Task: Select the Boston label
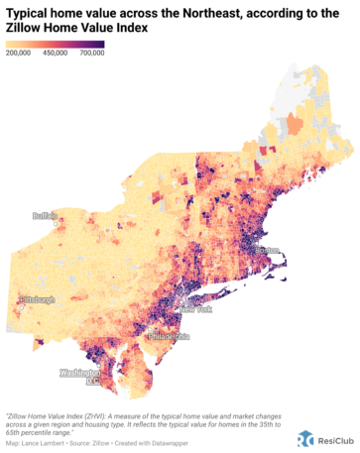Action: pos(269,249)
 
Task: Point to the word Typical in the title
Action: pos(31,12)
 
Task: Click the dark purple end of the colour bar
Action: pos(99,46)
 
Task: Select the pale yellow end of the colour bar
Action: pos(10,46)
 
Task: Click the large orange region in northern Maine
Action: pos(295,124)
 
